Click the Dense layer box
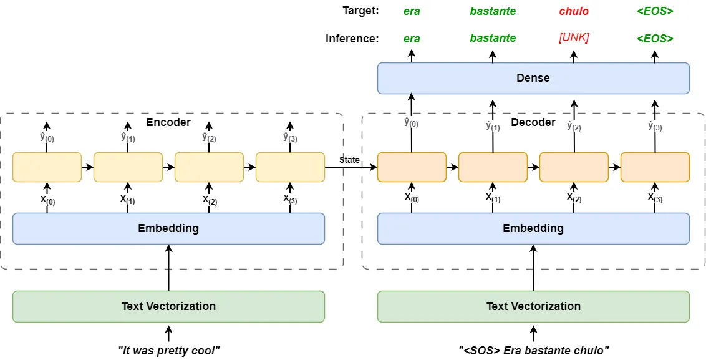click(x=533, y=78)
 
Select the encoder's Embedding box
click(x=168, y=228)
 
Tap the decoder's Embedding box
click(x=533, y=228)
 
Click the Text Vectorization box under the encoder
click(x=168, y=306)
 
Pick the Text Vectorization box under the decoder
click(x=533, y=306)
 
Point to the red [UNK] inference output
click(x=574, y=38)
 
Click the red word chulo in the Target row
click(x=574, y=11)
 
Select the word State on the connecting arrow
click(x=349, y=160)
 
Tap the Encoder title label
click(x=168, y=122)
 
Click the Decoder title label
click(x=533, y=122)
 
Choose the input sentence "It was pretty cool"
click(x=168, y=351)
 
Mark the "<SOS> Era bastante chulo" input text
click(x=533, y=351)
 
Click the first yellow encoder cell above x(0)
click(x=47, y=167)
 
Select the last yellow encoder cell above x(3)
click(x=290, y=167)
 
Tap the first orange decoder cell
click(x=412, y=167)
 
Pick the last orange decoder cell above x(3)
click(x=655, y=167)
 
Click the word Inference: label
click(x=352, y=39)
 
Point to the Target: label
click(x=360, y=11)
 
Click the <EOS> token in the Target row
click(x=655, y=11)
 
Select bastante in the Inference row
click(x=493, y=38)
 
